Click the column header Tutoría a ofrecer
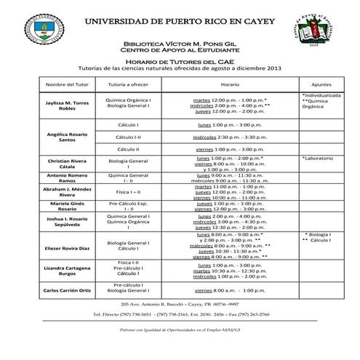128,84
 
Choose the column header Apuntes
320,84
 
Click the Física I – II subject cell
128,191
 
